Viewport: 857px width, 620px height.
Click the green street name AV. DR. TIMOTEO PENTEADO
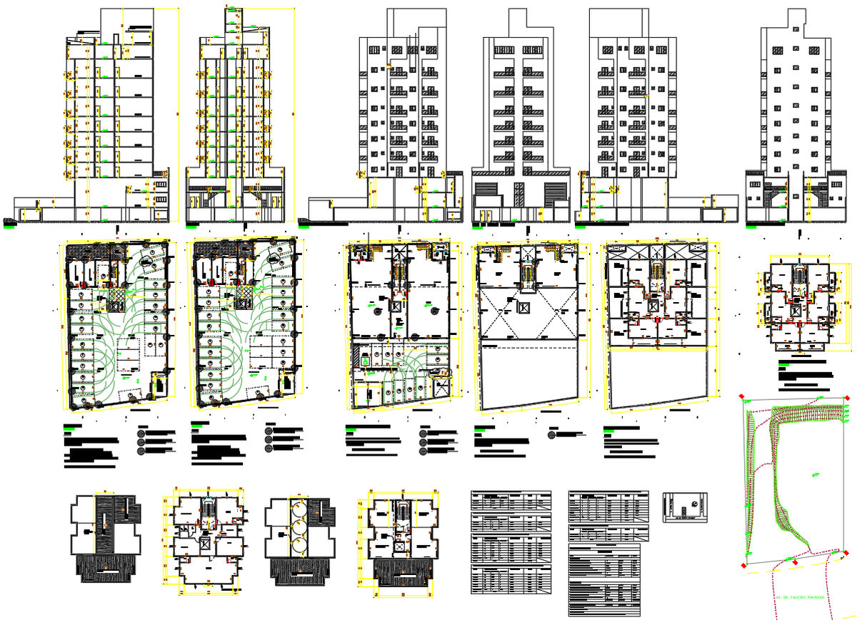click(799, 596)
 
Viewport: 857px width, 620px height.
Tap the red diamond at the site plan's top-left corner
click(743, 396)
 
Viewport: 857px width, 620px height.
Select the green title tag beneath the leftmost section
click(9, 227)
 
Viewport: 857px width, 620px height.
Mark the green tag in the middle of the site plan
click(815, 474)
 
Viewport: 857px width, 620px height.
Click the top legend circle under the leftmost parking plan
click(141, 433)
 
